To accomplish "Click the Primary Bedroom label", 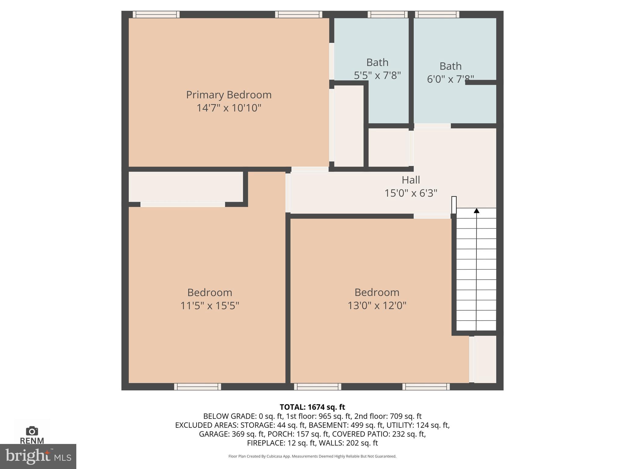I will coord(229,95).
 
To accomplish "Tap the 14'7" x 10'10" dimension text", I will coord(229,108).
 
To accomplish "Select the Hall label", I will coord(410,180).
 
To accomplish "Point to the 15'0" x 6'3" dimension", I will coord(410,193).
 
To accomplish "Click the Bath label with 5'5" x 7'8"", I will coord(377,62).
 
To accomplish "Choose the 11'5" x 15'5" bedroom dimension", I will coord(210,306).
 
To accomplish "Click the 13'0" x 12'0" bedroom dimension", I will coord(377,306).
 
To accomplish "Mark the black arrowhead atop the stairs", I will coord(476,211).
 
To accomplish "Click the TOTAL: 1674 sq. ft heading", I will coord(312,407).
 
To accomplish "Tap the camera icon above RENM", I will coord(32,431).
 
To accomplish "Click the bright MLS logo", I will coord(38,456).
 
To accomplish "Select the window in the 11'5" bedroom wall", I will coord(197,387).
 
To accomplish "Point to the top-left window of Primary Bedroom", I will coord(156,14).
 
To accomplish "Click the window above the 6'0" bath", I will coord(437,14).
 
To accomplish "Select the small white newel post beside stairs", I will coord(454,205).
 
